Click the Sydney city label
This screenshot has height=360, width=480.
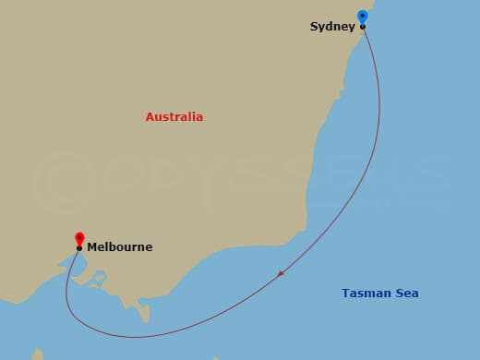[333, 27]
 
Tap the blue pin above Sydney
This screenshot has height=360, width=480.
[362, 17]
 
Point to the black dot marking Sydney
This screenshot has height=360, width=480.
[363, 27]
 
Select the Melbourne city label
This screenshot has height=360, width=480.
[120, 247]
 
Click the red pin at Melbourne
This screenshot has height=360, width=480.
[79, 238]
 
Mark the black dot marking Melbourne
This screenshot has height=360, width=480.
[79, 248]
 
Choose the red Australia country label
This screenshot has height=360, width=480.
[174, 117]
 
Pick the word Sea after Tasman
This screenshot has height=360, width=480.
[407, 294]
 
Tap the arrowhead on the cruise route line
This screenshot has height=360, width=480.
[281, 273]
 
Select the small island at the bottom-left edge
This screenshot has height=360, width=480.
[38, 354]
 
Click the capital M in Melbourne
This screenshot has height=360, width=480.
[92, 247]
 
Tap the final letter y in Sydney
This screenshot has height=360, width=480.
[352, 28]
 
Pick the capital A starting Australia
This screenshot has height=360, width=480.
[150, 117]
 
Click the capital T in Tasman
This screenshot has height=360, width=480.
[345, 294]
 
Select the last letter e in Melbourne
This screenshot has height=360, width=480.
[149, 247]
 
